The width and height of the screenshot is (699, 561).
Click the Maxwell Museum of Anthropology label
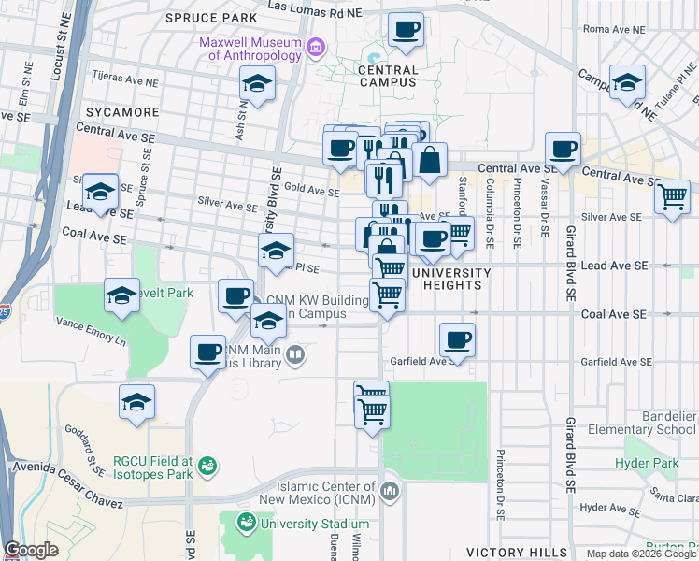250,49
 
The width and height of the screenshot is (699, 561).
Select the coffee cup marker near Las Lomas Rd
405,31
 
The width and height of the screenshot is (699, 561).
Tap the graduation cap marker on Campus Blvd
628,82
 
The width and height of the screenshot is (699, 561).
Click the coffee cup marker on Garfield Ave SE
457,340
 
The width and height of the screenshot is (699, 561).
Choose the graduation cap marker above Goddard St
136,403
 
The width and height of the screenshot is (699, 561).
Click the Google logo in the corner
30,551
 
